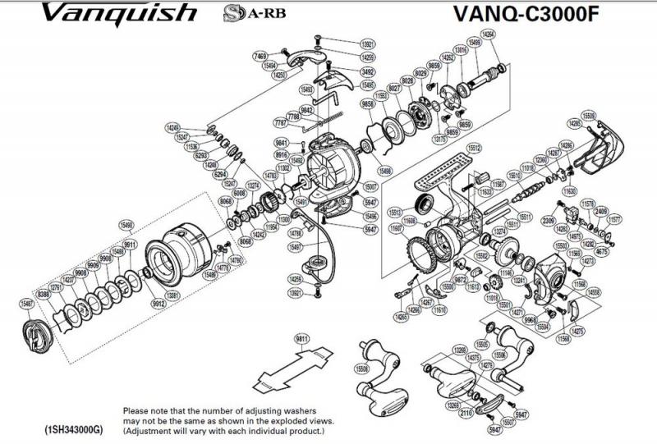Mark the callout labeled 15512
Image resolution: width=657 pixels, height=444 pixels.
[x=473, y=148]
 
